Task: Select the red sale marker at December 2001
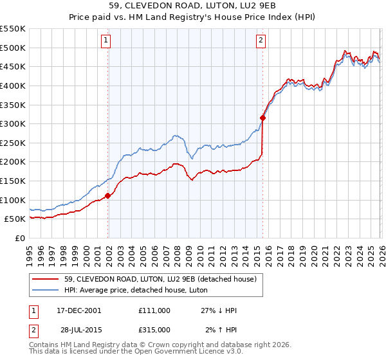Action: point(108,195)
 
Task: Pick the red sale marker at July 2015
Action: point(262,118)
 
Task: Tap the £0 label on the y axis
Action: point(20,238)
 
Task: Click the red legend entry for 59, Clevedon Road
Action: point(161,278)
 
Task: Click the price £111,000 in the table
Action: point(154,310)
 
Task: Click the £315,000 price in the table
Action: point(154,330)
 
